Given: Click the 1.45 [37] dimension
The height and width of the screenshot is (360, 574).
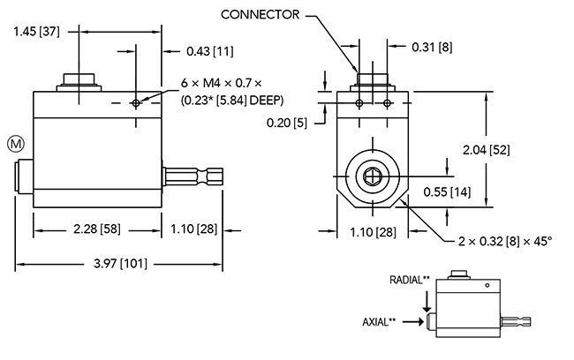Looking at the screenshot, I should [37, 33].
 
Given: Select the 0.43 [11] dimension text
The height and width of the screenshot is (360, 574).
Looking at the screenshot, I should [210, 51].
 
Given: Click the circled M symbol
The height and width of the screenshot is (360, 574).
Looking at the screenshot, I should [14, 142].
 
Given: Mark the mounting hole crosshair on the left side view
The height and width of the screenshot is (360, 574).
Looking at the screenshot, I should [135, 103].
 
